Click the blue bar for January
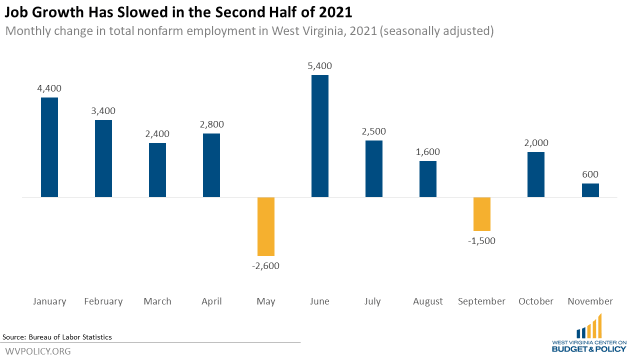click(49, 147)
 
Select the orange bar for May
click(266, 226)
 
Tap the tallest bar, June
click(320, 136)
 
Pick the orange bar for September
click(482, 214)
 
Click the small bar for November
click(590, 190)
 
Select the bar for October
click(536, 174)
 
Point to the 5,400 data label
click(320, 66)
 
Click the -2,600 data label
click(266, 266)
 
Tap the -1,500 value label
click(482, 241)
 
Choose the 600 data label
click(590, 174)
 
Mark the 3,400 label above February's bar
click(103, 111)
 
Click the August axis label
click(428, 301)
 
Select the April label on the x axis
click(211, 301)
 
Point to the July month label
click(373, 301)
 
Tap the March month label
click(157, 301)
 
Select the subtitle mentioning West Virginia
click(249, 31)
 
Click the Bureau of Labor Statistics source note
click(57, 337)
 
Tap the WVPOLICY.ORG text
click(38, 351)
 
